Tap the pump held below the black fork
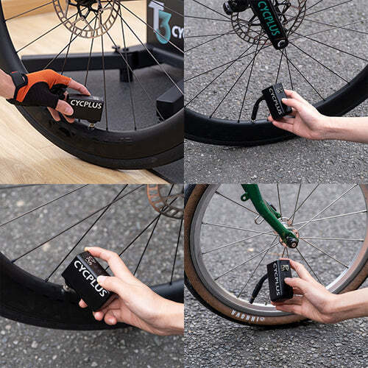tap(276, 100)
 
